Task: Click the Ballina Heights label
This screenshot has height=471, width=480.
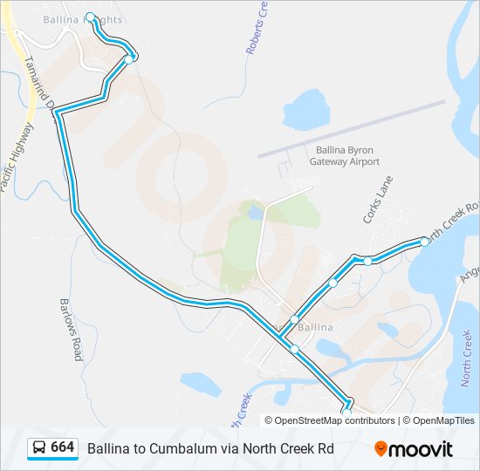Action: tap(84, 18)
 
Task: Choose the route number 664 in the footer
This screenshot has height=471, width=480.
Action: tap(63, 447)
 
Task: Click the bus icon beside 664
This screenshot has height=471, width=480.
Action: tap(39, 447)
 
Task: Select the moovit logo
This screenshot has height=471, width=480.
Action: tap(414, 448)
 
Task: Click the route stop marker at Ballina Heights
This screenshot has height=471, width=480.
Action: tap(91, 17)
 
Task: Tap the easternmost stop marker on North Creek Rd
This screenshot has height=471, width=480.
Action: tap(424, 242)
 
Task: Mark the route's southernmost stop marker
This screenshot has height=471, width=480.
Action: tap(346, 403)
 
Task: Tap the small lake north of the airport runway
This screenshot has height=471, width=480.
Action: tap(303, 110)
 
